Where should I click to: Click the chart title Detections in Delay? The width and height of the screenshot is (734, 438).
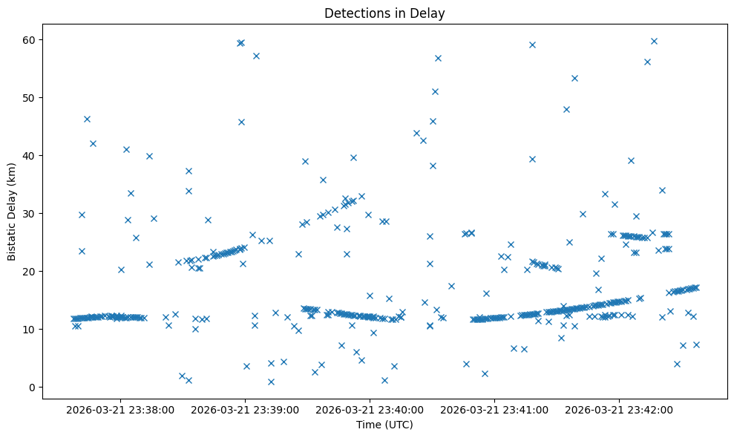pyautogui.click(x=384, y=13)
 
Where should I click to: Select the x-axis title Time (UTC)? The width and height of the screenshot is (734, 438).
pyautogui.click(x=384, y=425)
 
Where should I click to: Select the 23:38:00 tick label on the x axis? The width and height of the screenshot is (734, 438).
pyautogui.click(x=120, y=409)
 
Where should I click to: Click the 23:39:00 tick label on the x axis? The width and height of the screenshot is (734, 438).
pyautogui.click(x=245, y=409)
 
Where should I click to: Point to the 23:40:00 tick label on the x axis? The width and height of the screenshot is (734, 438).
pyautogui.click(x=370, y=409)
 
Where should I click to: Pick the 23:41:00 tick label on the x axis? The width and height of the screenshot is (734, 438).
pyautogui.click(x=494, y=409)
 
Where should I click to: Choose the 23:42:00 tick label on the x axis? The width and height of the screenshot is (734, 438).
pyautogui.click(x=619, y=409)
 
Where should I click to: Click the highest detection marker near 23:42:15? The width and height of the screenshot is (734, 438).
pyautogui.click(x=654, y=41)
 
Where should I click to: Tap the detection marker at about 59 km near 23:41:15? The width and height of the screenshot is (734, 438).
pyautogui.click(x=532, y=45)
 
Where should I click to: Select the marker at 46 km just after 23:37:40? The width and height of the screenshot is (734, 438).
pyautogui.click(x=87, y=119)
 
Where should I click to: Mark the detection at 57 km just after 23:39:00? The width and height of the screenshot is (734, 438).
pyautogui.click(x=256, y=56)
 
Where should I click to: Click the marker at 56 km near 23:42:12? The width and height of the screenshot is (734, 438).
pyautogui.click(x=647, y=62)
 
